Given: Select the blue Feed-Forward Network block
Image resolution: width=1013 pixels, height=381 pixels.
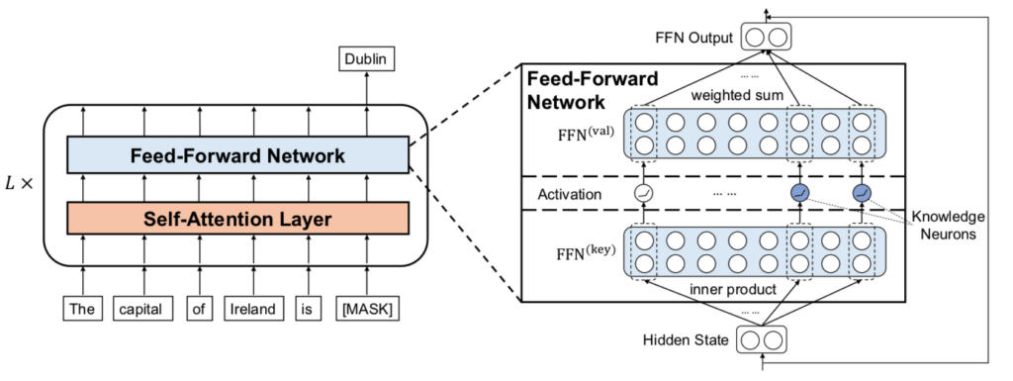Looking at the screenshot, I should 237,155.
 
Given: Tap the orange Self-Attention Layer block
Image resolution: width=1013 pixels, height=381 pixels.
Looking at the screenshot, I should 237,217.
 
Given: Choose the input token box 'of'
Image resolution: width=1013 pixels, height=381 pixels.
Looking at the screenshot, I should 198,310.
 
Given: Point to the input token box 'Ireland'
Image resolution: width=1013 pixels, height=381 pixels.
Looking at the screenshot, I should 252,310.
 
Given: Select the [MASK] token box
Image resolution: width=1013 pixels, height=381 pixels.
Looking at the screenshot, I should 367,310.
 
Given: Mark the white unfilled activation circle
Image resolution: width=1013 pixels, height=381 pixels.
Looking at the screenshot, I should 644,194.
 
